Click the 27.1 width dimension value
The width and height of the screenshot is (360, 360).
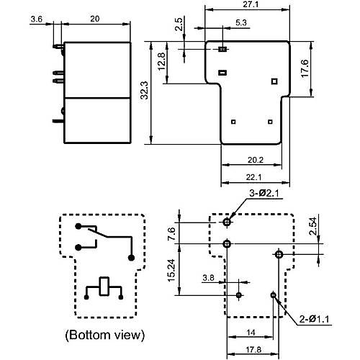click(251, 4)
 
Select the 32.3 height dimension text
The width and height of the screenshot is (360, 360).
click(145, 90)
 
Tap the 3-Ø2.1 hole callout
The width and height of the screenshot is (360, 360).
click(264, 193)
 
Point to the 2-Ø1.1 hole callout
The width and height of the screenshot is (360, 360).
click(314, 319)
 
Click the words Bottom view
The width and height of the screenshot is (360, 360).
click(105, 335)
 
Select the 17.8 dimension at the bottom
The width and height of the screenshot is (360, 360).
click(253, 349)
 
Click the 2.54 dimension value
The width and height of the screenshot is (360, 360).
click(313, 226)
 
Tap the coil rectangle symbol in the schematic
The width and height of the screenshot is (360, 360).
click(104, 286)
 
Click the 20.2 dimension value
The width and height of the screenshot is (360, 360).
click(256, 160)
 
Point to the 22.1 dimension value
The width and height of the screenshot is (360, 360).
click(253, 177)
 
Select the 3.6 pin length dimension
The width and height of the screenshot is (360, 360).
click(37, 19)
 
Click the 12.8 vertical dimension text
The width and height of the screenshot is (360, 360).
click(162, 61)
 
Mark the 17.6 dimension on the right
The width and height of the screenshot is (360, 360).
click(305, 68)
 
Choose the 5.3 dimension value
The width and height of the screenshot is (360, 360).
click(241, 22)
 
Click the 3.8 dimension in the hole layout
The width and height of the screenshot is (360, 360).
click(208, 278)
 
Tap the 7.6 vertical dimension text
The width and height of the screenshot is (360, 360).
click(172, 234)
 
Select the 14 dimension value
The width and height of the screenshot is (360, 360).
click(251, 333)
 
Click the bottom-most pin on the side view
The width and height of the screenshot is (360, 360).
click(58, 121)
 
